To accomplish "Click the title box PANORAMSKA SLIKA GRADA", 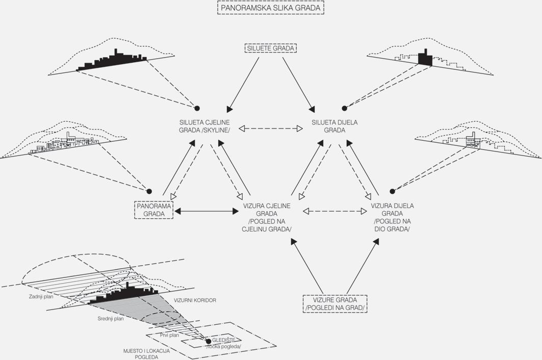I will coord(271,8).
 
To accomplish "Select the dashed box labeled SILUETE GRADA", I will coord(271,48).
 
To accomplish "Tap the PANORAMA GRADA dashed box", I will coord(153,210).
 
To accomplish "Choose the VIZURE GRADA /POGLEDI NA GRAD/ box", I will coord(335,304).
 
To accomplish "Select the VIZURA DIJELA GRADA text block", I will coord(392,217).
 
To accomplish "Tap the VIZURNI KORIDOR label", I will coord(195,301).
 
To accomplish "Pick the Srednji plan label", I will coord(111,319).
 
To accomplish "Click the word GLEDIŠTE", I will coord(224,340).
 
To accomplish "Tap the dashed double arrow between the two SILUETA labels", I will coord(271,128).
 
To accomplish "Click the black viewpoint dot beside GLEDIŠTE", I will coord(208,341).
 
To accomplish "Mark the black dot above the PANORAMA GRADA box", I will coord(149,191).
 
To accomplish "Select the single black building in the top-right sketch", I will coord(424,58).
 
